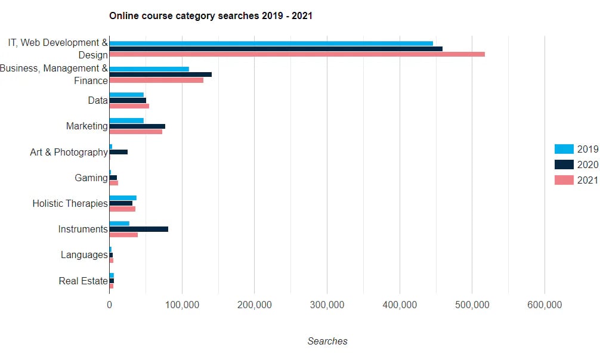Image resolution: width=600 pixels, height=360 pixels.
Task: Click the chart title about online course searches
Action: click(211, 16)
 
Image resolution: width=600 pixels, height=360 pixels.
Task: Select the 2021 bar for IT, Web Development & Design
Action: click(297, 54)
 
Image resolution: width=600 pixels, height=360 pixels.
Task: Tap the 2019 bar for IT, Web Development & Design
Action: click(271, 43)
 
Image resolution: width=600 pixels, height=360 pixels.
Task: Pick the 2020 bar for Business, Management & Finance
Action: click(160, 75)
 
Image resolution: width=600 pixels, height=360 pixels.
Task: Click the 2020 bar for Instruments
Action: click(138, 229)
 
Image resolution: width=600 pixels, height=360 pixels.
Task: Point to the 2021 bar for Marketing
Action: click(135, 132)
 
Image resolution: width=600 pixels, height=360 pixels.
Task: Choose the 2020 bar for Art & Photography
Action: click(118, 152)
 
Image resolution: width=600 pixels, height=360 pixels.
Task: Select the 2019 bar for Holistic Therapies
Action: click(123, 197)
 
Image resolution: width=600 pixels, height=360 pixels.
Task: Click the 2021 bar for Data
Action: click(129, 106)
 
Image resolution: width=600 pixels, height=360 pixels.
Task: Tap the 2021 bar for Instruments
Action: click(123, 235)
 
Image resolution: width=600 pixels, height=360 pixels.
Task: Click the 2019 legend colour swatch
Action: click(564, 149)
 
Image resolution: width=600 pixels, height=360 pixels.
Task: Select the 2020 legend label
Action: click(587, 165)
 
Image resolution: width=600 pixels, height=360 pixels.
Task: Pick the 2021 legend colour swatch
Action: click(564, 180)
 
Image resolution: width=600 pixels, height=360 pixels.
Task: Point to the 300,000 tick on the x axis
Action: click(327, 305)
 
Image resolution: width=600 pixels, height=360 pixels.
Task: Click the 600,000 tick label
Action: click(545, 305)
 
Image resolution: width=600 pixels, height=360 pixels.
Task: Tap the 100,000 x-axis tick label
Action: click(182, 305)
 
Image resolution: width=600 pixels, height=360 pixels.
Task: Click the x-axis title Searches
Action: click(327, 342)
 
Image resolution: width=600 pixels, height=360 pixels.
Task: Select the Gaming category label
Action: click(91, 178)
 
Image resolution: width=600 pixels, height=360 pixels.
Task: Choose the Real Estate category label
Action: click(83, 281)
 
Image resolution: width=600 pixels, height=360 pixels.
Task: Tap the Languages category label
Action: click(84, 255)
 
